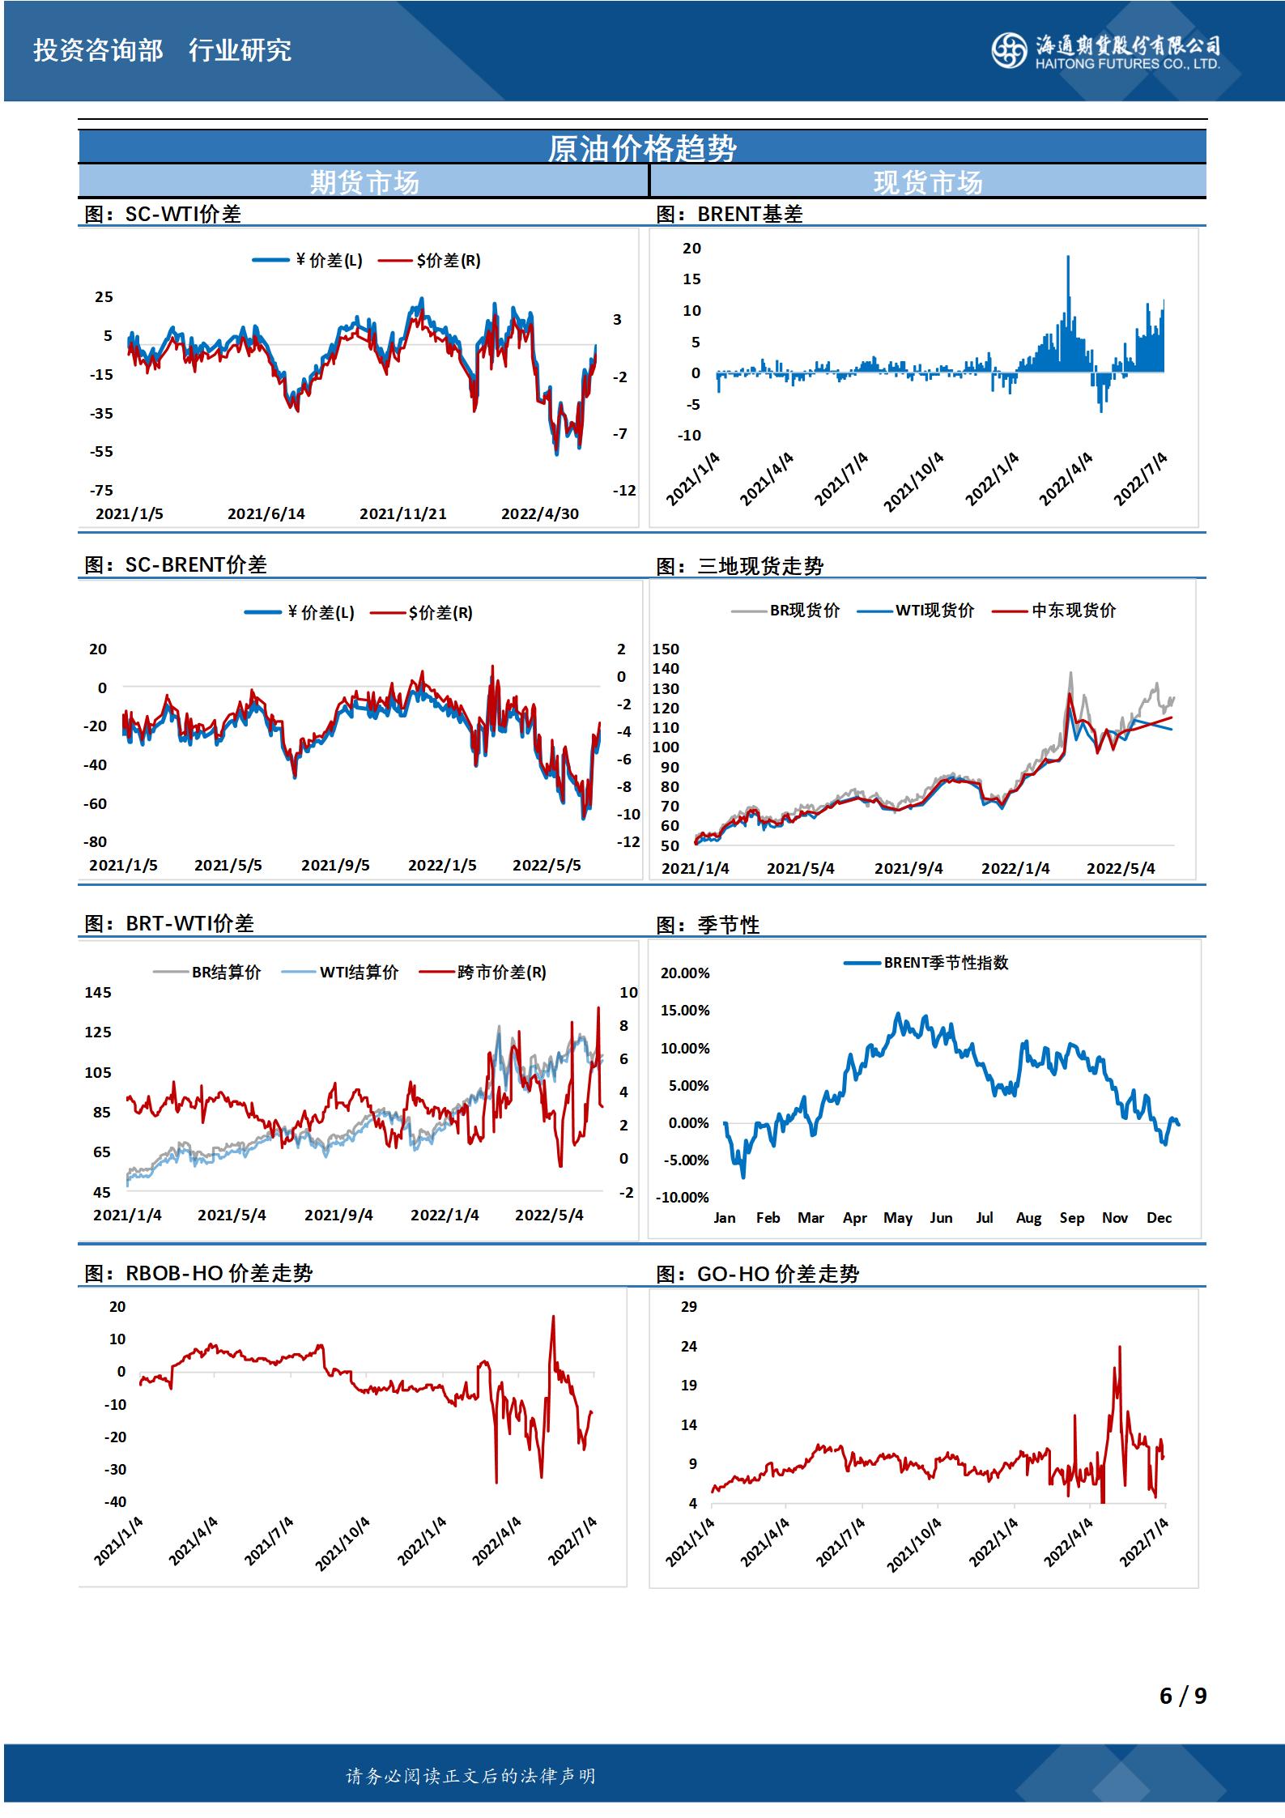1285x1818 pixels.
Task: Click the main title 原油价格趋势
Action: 642,148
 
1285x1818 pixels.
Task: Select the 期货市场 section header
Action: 364,182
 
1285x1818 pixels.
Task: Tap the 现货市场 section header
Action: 928,182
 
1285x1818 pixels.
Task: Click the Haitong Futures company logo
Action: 1104,51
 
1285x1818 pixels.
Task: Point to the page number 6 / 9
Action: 1182,1695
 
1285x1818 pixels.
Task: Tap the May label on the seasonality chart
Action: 897,1218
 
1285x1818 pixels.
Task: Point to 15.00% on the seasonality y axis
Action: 685,1010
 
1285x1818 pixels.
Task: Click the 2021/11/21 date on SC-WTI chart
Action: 402,513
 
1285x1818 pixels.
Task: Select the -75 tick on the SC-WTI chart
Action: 101,490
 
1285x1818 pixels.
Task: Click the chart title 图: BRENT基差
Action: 729,214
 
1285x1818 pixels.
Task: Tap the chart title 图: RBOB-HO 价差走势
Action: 198,1273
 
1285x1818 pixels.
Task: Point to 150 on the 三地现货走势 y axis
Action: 666,649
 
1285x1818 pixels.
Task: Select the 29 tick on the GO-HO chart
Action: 689,1306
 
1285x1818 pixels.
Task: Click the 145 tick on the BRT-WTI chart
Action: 98,992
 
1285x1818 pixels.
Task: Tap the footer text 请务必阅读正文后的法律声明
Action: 470,1777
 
